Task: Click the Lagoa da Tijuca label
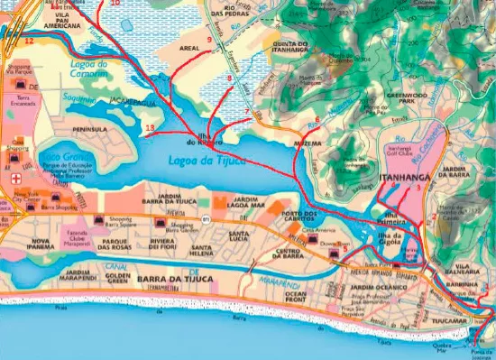208,161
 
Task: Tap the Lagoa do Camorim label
89,69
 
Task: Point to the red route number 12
29,41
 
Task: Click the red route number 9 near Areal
209,41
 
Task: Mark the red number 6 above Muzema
317,119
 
